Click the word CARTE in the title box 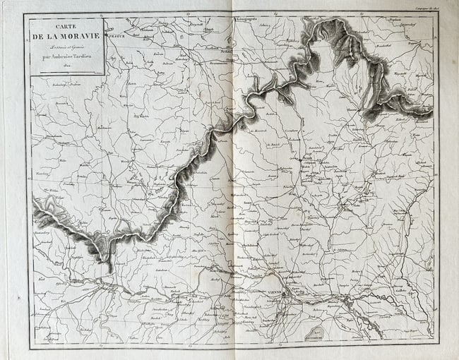(x=67, y=28)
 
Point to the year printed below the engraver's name (x=66, y=64)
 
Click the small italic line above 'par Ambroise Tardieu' (x=66, y=47)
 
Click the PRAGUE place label (x=117, y=32)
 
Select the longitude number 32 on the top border (x=100, y=13)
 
